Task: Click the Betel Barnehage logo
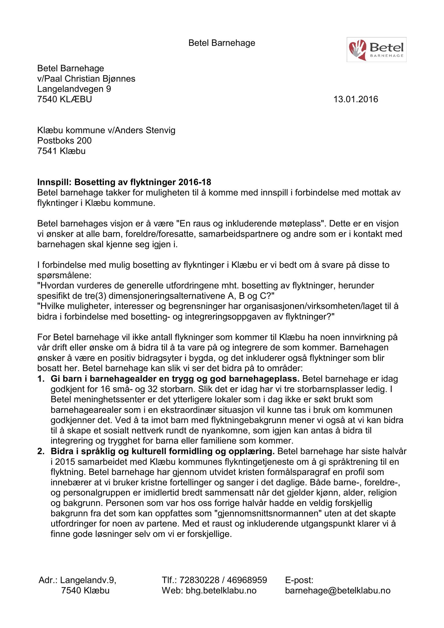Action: click(x=376, y=50)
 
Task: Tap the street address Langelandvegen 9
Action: click(x=74, y=89)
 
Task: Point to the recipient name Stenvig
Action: click(x=160, y=130)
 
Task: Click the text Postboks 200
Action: click(x=64, y=140)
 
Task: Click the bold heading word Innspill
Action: click(x=54, y=182)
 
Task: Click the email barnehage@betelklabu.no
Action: click(x=338, y=591)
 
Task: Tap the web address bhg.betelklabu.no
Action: click(x=221, y=591)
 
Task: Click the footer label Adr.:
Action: click(x=48, y=580)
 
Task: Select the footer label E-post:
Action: click(x=299, y=580)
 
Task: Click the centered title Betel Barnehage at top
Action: click(x=222, y=43)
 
